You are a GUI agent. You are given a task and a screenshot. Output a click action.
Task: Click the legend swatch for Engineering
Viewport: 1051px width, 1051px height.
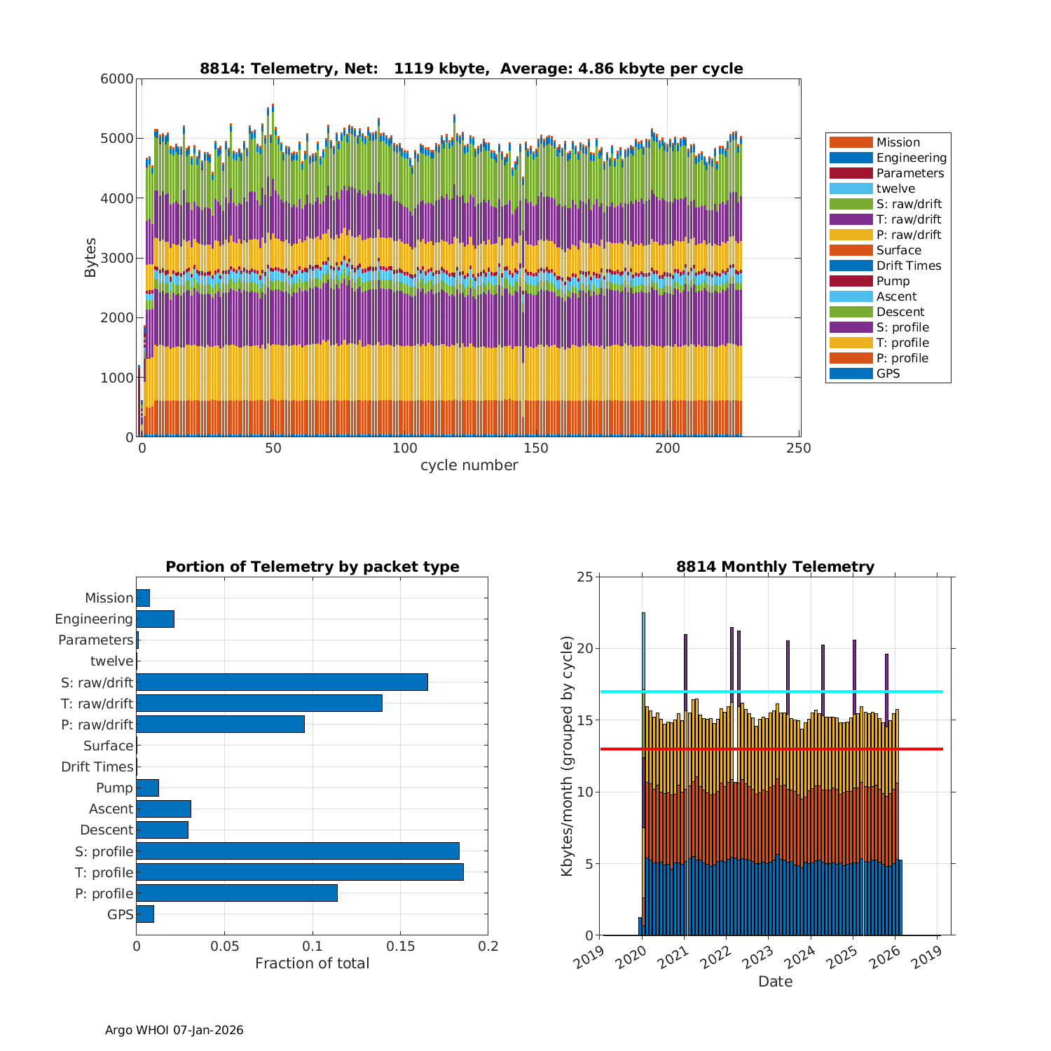point(851,158)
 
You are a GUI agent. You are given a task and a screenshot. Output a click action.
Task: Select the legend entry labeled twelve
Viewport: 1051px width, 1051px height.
point(895,188)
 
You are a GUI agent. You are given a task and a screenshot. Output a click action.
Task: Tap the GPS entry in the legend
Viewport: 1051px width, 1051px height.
point(888,373)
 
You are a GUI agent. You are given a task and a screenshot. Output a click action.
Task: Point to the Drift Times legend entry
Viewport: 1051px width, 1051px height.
point(908,266)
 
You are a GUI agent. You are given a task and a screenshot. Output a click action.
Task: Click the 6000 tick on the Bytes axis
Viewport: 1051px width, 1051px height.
point(117,79)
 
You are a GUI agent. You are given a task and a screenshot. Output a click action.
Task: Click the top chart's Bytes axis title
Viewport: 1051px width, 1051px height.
point(90,258)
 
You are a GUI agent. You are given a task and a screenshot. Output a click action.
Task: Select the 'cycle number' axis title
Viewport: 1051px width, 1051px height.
point(469,465)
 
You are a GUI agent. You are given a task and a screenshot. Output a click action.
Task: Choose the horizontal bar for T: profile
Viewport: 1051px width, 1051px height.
point(300,872)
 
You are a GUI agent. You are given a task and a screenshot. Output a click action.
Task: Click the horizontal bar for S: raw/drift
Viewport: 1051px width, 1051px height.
point(282,682)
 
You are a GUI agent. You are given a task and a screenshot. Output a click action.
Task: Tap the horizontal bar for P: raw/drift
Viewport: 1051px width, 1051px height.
point(220,724)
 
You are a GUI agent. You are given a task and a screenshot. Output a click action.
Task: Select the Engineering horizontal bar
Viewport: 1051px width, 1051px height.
point(155,619)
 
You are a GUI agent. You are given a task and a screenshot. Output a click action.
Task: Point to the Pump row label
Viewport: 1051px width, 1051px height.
point(114,788)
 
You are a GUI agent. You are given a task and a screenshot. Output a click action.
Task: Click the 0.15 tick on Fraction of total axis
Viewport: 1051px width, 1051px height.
point(400,947)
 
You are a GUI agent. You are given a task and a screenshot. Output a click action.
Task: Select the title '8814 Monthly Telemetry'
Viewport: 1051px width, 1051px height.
point(775,567)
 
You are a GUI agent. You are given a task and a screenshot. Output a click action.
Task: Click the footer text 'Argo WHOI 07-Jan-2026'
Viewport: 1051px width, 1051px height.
point(174,1030)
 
